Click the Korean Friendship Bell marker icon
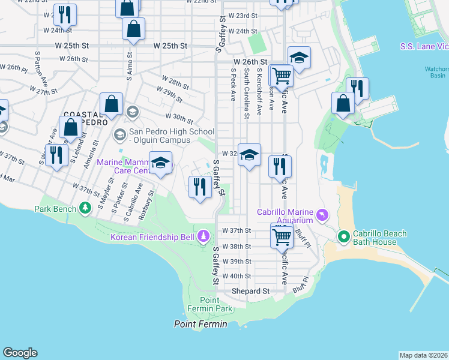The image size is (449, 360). tap(204, 236)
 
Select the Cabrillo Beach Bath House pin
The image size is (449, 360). tap(344, 238)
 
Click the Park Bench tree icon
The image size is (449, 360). tap(85, 208)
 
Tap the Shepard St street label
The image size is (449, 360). tap(251, 291)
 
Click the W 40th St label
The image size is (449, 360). tap(236, 276)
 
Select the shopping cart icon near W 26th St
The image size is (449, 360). tap(281, 76)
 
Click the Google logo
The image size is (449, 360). tap(20, 353)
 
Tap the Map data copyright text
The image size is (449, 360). tap(423, 355)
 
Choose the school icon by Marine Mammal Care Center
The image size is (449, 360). tap(160, 163)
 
